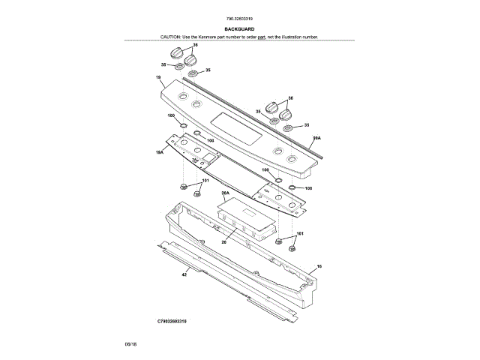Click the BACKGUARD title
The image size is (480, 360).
(240, 29)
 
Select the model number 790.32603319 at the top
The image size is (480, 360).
(239, 18)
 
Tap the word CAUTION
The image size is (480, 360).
(172, 36)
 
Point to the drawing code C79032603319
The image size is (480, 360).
(172, 320)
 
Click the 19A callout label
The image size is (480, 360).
(159, 152)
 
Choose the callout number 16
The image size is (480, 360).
(319, 266)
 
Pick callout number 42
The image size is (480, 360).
(184, 275)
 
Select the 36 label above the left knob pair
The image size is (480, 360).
(195, 46)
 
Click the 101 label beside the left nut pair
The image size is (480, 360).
(205, 181)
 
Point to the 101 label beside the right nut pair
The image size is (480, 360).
(300, 235)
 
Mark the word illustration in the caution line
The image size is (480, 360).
(291, 36)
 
